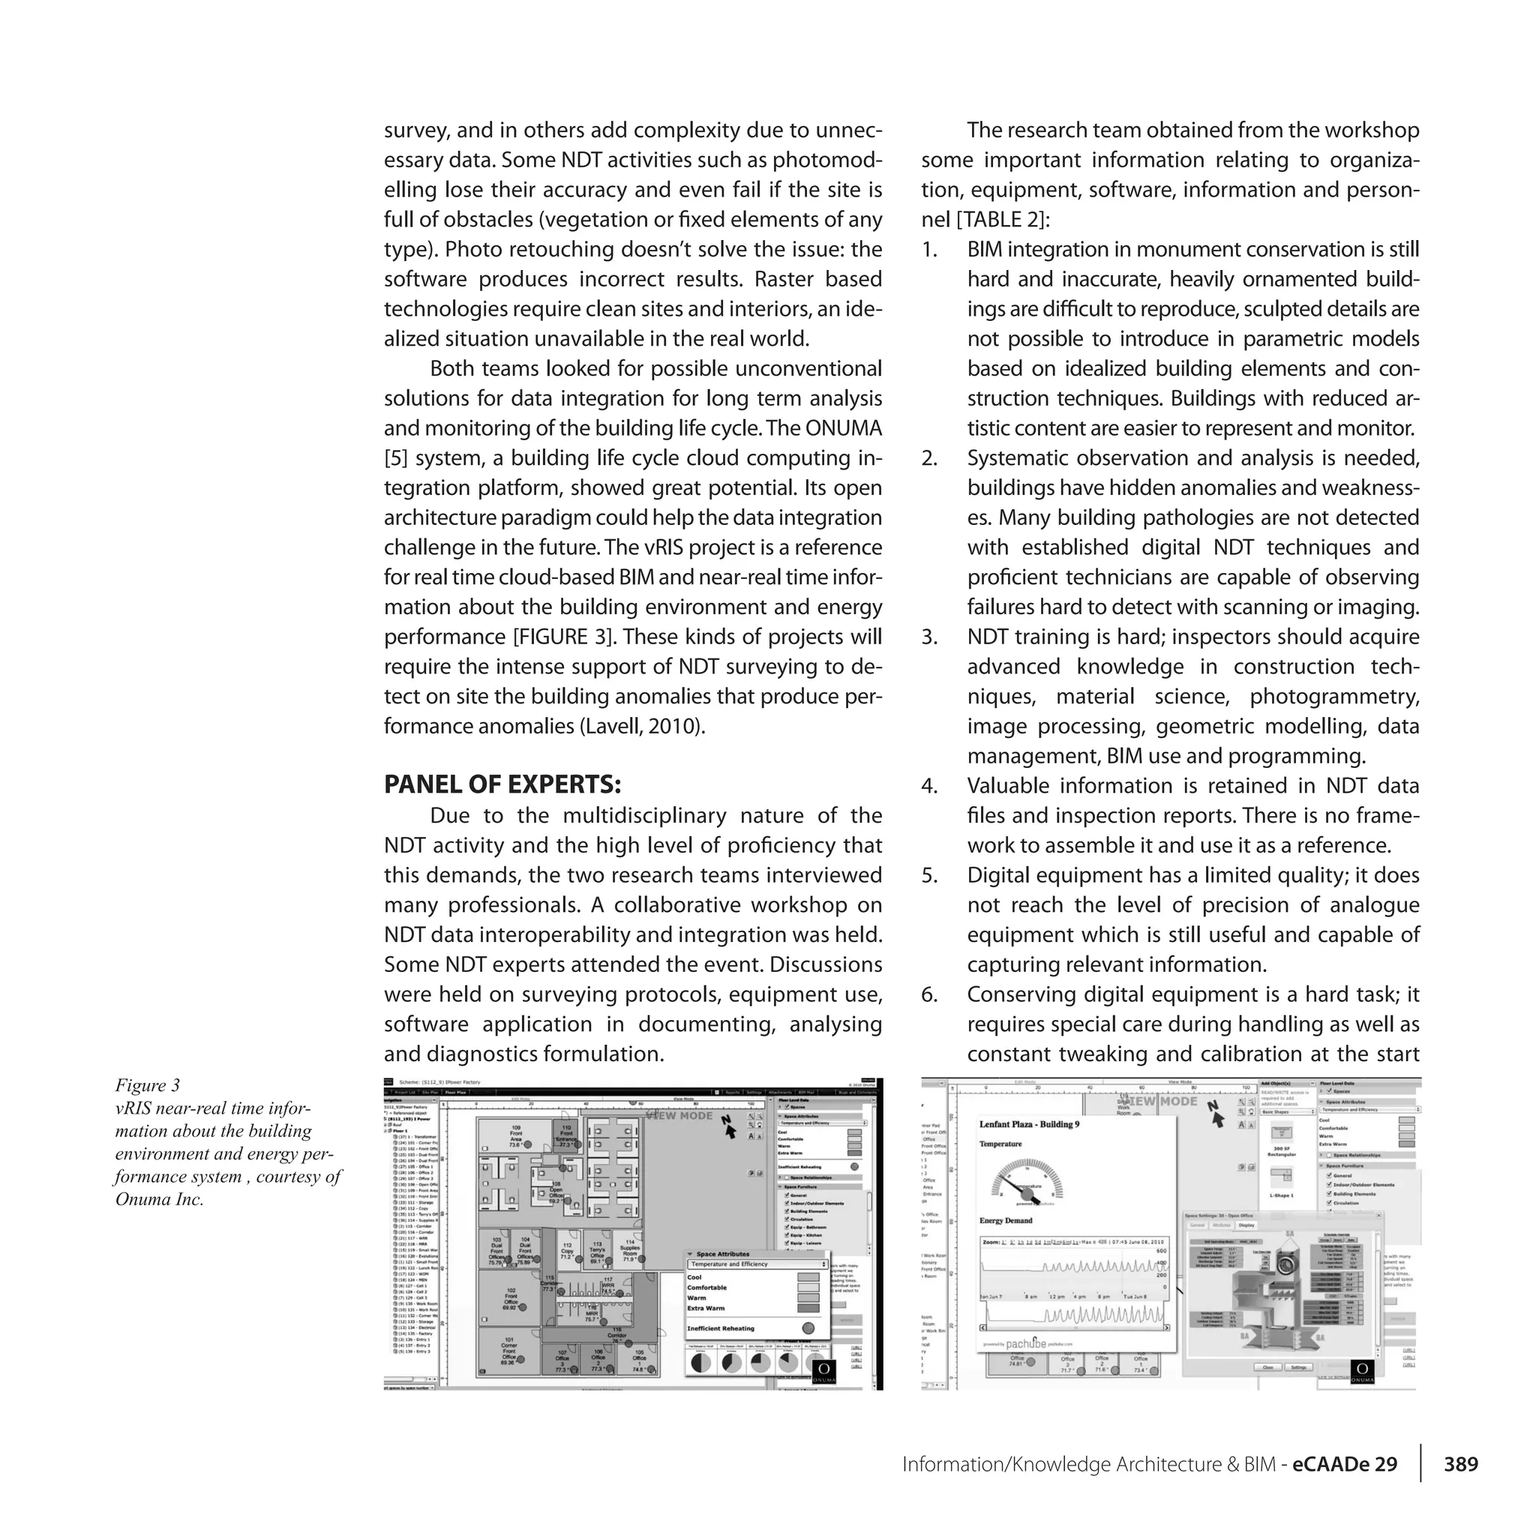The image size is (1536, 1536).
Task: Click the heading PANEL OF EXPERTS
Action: coord(502,784)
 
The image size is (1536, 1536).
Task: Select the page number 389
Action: coord(1460,1465)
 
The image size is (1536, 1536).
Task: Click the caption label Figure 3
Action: coord(148,1085)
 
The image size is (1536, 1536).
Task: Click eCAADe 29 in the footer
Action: coord(1345,1465)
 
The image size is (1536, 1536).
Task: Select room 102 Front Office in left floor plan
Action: coord(511,1298)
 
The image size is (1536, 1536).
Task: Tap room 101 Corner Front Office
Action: coord(508,1351)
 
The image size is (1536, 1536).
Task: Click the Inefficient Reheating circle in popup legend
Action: coord(808,1328)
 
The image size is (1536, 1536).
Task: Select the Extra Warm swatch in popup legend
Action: coord(808,1308)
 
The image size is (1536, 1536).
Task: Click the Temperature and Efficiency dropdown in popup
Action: coord(757,1264)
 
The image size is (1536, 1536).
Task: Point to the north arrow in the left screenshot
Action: coord(728,1126)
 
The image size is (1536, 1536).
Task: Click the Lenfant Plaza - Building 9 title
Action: coord(1029,1124)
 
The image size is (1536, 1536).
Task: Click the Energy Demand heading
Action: coord(1006,1220)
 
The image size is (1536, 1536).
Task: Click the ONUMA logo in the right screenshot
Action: coord(1362,1372)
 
